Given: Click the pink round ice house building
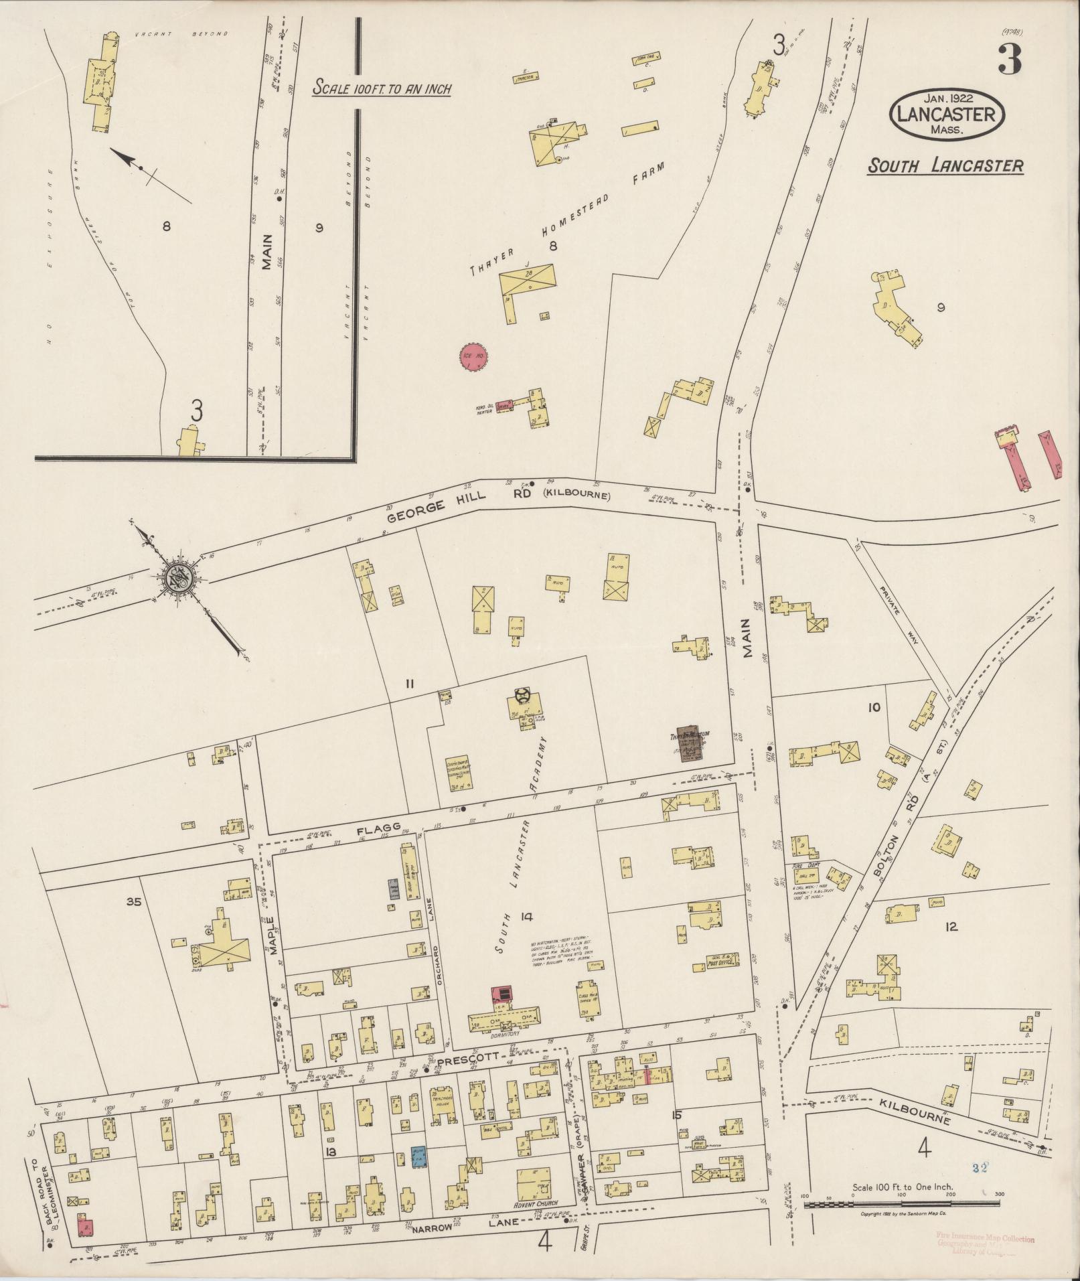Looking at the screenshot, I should (473, 358).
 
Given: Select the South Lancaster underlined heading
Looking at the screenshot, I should (945, 165).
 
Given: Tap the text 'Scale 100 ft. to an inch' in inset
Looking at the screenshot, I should (382, 88).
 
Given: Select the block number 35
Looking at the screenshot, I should (134, 902).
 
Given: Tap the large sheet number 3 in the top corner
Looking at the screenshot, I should (1009, 59).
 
